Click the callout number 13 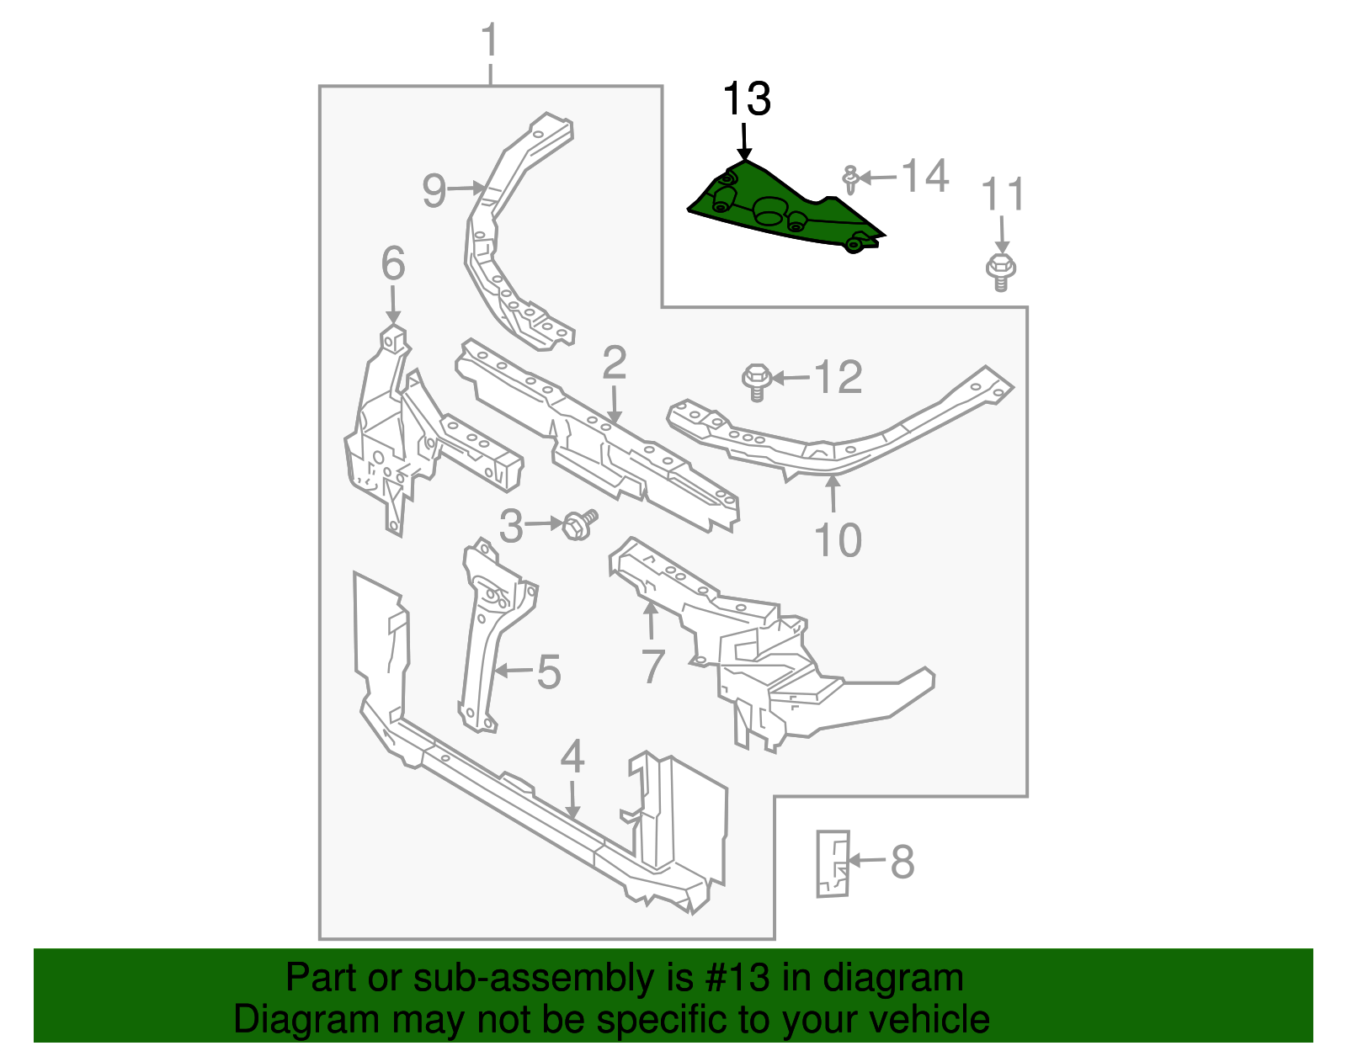click(x=747, y=99)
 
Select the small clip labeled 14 click(x=850, y=179)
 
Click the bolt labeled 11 click(x=1000, y=269)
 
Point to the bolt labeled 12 click(x=756, y=380)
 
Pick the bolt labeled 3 click(x=578, y=525)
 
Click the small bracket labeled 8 click(x=833, y=863)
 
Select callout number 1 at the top click(x=489, y=41)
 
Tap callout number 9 click(x=434, y=190)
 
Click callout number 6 click(x=393, y=263)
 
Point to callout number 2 click(x=615, y=363)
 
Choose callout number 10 click(x=839, y=539)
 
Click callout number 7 click(x=653, y=666)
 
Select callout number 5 click(x=549, y=671)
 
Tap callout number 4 click(x=572, y=756)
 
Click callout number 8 click(x=902, y=862)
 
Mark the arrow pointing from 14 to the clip click(x=878, y=178)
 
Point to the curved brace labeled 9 click(x=505, y=244)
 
